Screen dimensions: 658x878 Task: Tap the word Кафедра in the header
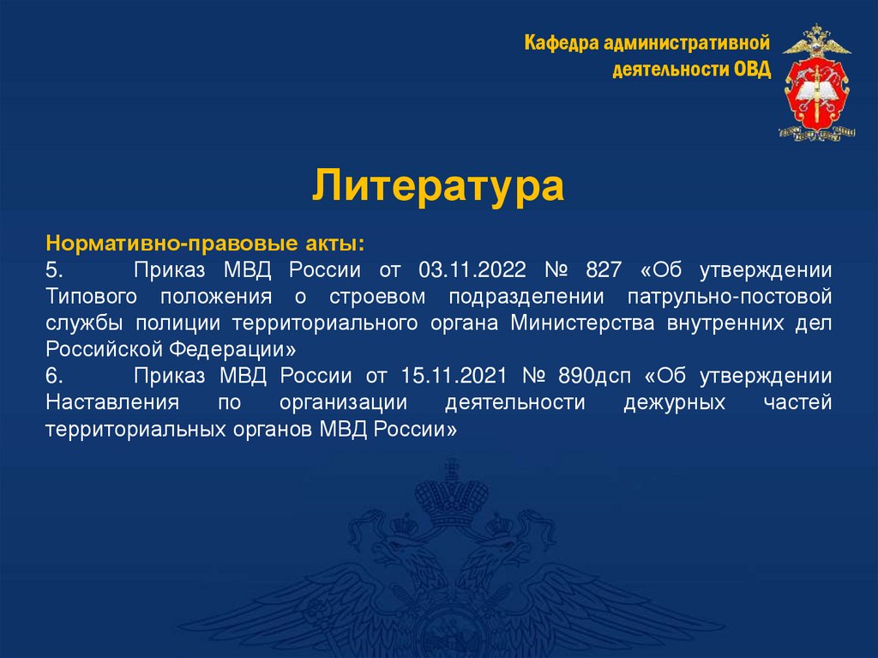tap(558, 43)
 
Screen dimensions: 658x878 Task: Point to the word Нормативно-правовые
tap(117, 244)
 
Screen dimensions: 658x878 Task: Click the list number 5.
tap(54, 270)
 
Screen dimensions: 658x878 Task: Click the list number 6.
tap(54, 377)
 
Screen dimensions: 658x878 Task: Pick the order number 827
tap(603, 270)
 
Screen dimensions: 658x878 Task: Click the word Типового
tap(89, 297)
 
